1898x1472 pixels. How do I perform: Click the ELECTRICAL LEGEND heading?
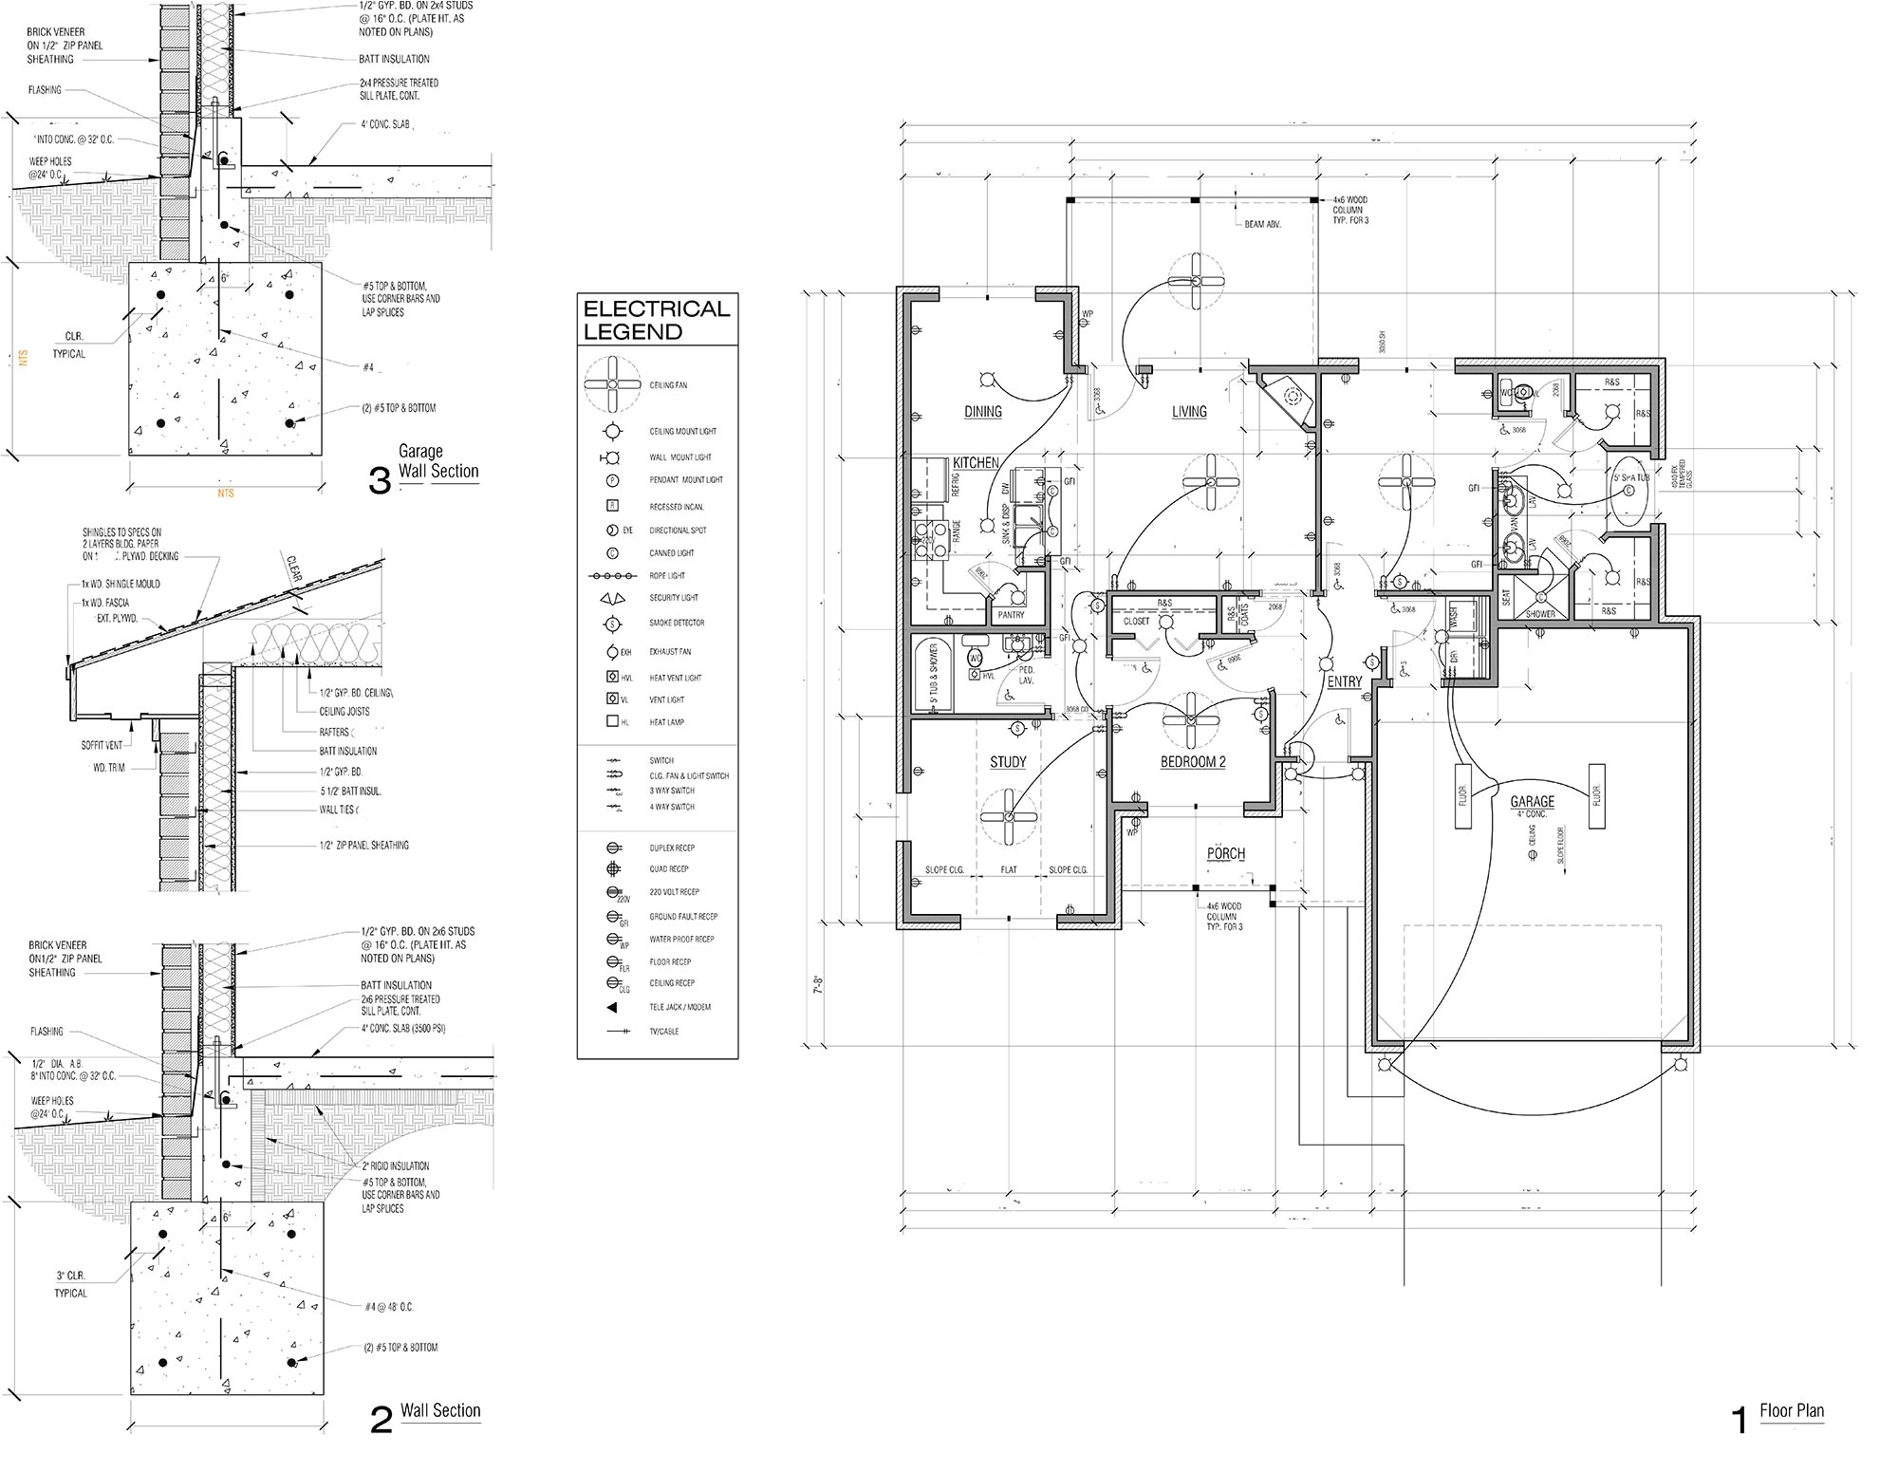click(x=656, y=320)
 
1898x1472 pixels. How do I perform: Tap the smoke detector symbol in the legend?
click(x=613, y=624)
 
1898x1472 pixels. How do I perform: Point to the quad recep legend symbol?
click(x=613, y=869)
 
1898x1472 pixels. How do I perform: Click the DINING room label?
click(x=983, y=411)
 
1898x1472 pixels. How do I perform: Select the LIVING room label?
click(x=1188, y=411)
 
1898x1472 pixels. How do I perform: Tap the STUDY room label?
click(x=1008, y=762)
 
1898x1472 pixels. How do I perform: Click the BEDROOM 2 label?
click(x=1193, y=762)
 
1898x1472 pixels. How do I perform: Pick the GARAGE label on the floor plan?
click(x=1532, y=802)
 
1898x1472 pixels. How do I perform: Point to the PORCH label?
click(x=1225, y=853)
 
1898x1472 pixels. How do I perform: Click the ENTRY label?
click(x=1344, y=681)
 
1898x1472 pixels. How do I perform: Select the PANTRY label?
click(x=1011, y=615)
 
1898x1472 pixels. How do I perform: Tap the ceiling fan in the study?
click(x=1007, y=817)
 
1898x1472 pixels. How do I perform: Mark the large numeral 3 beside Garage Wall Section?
click(x=380, y=482)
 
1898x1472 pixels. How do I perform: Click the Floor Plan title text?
click(x=1791, y=1410)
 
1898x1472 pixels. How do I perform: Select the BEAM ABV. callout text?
click(x=1263, y=224)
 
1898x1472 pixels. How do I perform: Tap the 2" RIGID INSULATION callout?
click(x=395, y=1165)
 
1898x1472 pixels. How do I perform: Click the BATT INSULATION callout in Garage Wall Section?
click(x=394, y=59)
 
